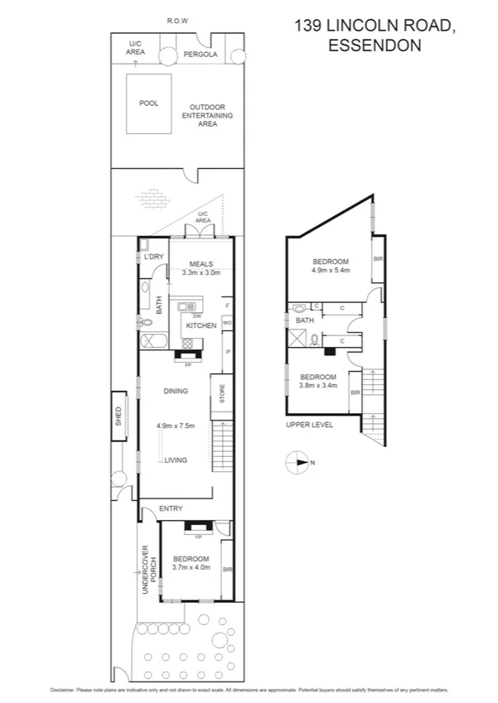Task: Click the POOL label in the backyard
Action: pyautogui.click(x=147, y=104)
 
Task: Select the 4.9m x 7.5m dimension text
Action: pyautogui.click(x=176, y=426)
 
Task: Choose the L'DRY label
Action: pyautogui.click(x=153, y=258)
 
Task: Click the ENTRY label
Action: pyautogui.click(x=171, y=508)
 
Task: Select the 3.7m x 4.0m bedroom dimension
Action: pyautogui.click(x=191, y=568)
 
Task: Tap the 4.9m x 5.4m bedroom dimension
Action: pyautogui.click(x=331, y=270)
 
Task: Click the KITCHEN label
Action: pyautogui.click(x=201, y=326)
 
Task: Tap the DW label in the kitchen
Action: pyautogui.click(x=196, y=315)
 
